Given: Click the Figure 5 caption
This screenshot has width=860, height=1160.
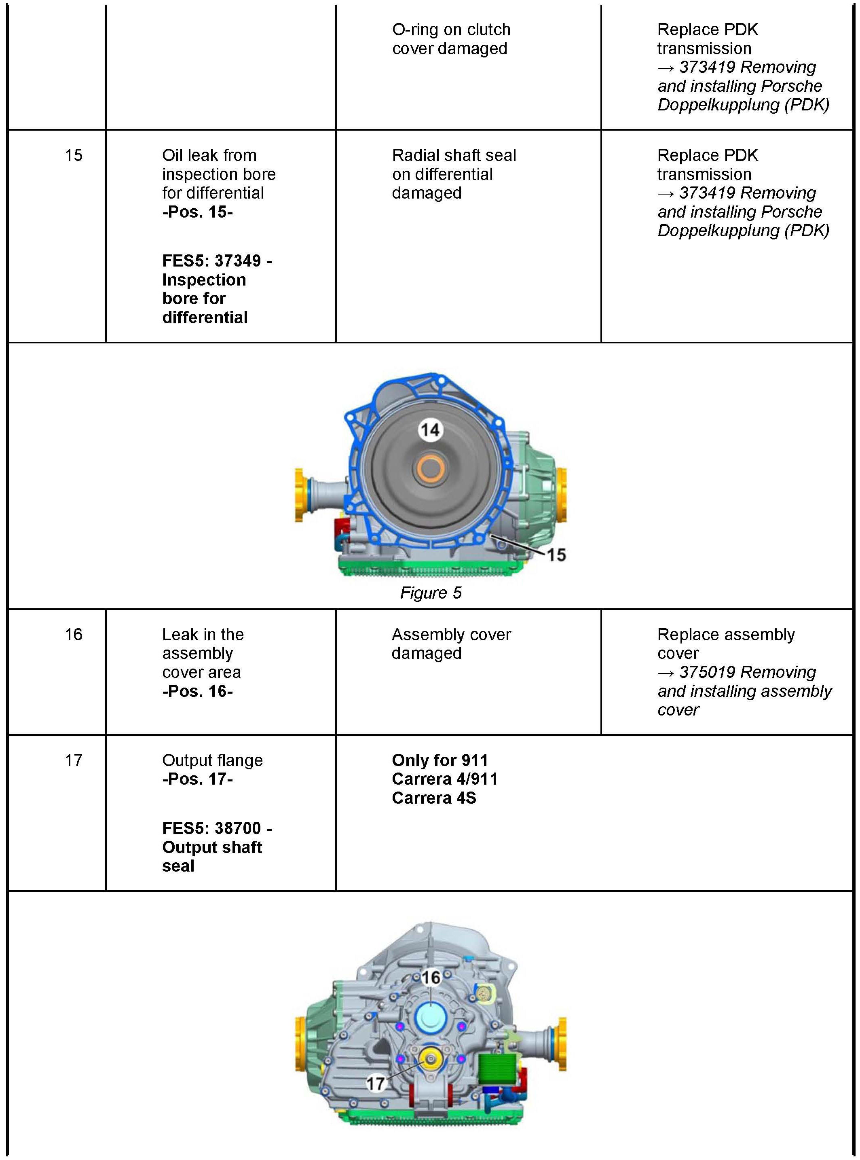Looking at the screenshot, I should click(431, 593).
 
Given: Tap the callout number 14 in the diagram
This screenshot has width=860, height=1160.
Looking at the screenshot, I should click(430, 430).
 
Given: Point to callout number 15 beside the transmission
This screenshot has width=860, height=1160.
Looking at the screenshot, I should click(556, 555).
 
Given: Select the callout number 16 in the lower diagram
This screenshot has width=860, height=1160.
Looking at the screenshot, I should click(431, 977).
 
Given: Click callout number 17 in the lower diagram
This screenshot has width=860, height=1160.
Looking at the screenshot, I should click(375, 1084).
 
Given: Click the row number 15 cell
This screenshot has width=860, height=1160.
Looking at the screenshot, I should click(74, 155).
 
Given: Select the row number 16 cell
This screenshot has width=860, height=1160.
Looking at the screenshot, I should click(74, 634).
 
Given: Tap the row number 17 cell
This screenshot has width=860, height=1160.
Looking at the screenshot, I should click(74, 760).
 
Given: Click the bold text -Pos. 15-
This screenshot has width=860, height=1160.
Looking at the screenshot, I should click(197, 212).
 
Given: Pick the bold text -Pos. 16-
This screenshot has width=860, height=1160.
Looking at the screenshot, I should click(197, 691).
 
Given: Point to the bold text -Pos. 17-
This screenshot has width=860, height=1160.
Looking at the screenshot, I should click(197, 779).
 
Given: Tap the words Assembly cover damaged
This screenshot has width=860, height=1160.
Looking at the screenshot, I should click(451, 644).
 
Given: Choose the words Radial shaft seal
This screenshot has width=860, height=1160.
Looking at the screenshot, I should click(454, 155).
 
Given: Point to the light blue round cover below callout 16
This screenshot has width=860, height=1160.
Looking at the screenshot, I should click(431, 1017).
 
